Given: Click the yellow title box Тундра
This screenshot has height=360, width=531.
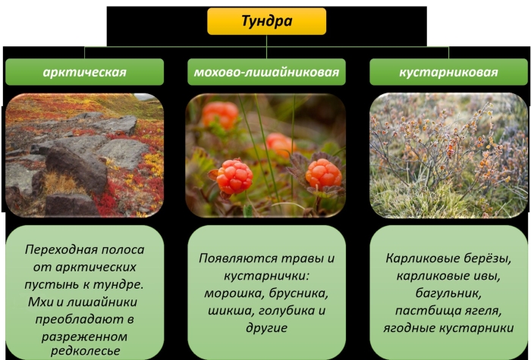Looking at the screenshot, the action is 266,21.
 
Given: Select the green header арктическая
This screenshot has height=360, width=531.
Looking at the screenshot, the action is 85,72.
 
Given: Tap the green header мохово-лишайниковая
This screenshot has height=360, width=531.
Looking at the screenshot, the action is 266,72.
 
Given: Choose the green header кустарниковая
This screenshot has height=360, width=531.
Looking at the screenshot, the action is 448,72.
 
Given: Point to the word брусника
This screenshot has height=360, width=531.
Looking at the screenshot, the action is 299,294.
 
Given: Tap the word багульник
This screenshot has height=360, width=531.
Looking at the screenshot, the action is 448,293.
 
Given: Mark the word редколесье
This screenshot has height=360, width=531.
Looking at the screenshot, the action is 85,351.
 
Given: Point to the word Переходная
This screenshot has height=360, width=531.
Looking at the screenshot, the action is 55,249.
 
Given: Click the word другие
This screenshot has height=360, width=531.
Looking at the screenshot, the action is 266,328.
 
